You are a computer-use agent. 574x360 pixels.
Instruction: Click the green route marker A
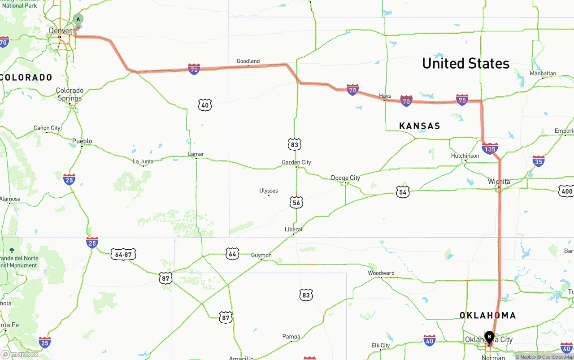tap(78, 20)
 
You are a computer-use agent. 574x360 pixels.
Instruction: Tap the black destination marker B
tap(489, 337)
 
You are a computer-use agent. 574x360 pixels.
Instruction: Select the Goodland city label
tap(248, 61)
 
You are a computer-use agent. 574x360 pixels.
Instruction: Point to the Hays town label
tap(385, 96)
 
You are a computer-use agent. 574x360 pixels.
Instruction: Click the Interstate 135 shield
tap(490, 148)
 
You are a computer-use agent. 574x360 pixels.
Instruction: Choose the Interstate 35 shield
tap(539, 161)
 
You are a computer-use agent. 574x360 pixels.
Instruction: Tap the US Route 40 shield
tap(205, 105)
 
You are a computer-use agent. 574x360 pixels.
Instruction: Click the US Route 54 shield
tap(403, 192)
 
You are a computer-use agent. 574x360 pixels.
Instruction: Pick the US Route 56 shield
tap(296, 202)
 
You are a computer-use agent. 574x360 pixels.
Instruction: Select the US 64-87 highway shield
tap(123, 254)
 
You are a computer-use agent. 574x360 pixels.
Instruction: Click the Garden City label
tap(296, 162)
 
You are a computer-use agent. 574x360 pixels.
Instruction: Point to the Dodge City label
tap(345, 178)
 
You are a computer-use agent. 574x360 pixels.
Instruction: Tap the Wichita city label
tap(499, 182)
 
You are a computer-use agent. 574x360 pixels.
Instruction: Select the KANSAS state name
tap(419, 126)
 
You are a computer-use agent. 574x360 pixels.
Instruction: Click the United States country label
tap(465, 63)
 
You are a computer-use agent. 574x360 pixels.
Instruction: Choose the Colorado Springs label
tap(70, 94)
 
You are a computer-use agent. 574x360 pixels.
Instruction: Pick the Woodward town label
tap(381, 273)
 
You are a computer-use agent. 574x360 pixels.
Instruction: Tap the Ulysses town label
tap(269, 191)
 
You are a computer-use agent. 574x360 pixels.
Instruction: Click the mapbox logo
tap(20, 354)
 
